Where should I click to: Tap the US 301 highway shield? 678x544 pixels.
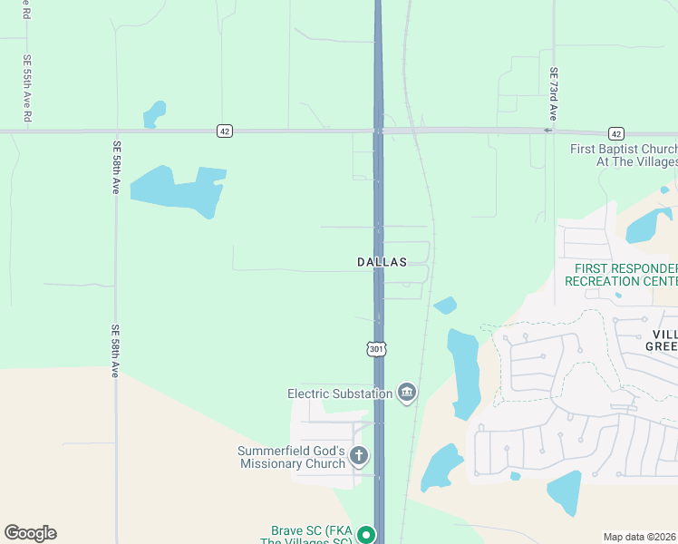coord(377,349)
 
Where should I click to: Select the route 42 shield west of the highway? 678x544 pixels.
coord(225,131)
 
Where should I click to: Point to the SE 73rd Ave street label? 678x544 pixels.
coord(553,94)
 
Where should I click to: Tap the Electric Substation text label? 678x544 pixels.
coord(340,393)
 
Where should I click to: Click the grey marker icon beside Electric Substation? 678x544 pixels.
coord(407,393)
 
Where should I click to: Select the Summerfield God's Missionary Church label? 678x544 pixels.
coord(292,457)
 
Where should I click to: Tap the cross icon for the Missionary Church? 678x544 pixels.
coord(359,456)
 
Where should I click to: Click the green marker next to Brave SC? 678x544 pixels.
coord(365,535)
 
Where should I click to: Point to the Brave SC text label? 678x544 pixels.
coord(311,535)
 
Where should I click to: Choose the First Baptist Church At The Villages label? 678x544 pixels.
coord(624,155)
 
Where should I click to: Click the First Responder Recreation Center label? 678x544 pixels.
coord(621,275)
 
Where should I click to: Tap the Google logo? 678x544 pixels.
coord(30,533)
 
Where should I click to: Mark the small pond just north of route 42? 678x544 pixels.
coord(155,114)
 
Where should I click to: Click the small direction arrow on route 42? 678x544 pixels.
coord(547,131)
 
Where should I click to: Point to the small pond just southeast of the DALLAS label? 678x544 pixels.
coord(445,306)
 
